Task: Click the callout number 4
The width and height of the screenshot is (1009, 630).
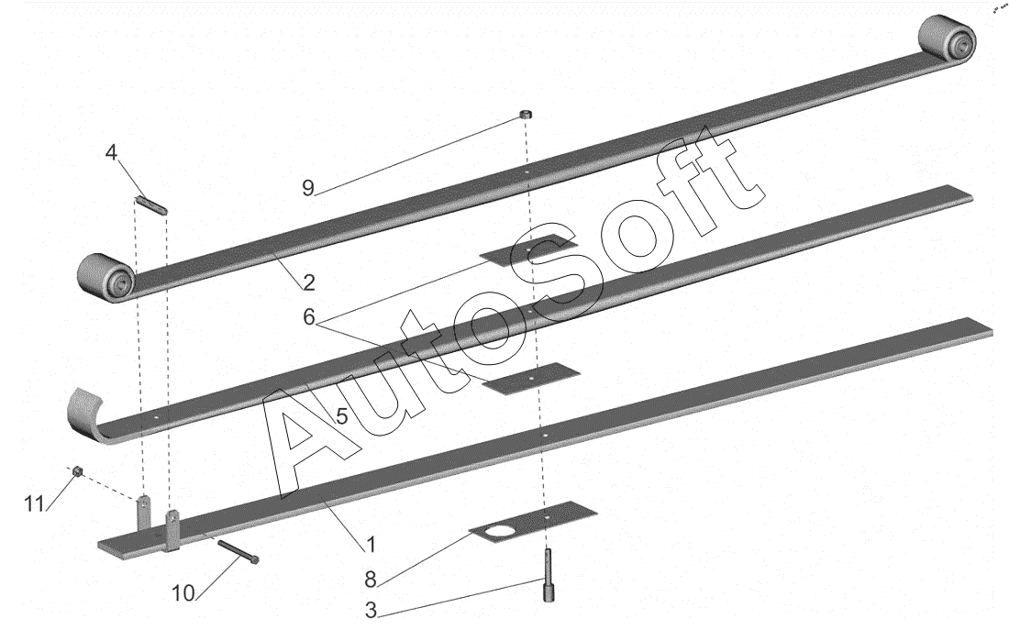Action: coord(111,152)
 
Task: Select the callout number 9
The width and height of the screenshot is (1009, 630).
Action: coord(309,188)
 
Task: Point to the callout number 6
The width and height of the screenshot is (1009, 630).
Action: coord(310,316)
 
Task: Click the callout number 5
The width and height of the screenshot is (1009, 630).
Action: coord(341,415)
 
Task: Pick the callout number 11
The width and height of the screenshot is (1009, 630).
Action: coord(34,503)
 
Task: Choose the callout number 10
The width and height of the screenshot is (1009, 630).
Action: coord(183,593)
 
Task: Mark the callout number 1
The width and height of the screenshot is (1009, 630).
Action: coord(371,545)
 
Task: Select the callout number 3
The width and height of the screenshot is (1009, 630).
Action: coord(371,610)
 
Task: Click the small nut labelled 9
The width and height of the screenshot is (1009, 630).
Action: coord(527,115)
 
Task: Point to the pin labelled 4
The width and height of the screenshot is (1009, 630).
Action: coord(152,204)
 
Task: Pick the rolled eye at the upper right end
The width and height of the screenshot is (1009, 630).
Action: coord(948,39)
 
